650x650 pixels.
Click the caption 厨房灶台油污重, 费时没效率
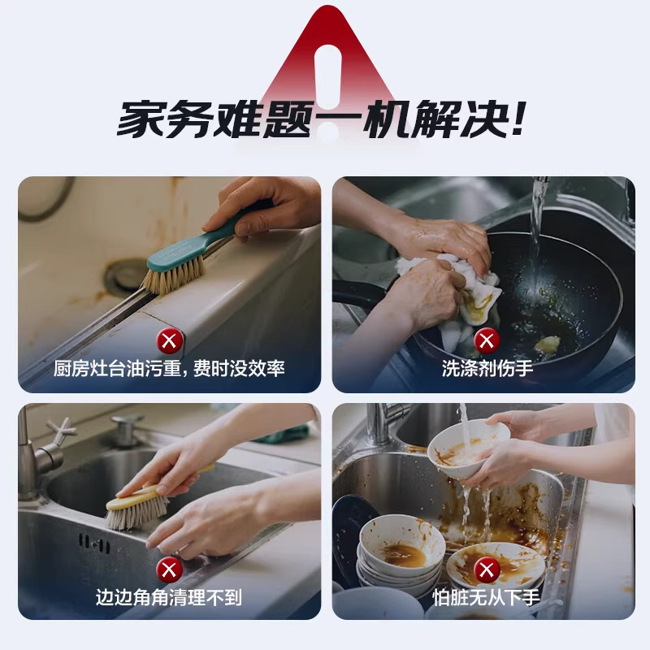click(x=169, y=368)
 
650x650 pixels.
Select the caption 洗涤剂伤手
click(x=487, y=368)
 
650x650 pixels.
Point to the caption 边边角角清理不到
click(x=169, y=598)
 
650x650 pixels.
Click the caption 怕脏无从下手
click(x=487, y=598)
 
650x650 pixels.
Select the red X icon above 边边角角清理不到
click(x=169, y=569)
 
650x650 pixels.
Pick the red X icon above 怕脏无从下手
click(x=487, y=569)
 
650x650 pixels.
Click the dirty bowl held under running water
click(x=467, y=443)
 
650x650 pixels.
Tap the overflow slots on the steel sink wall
click(x=94, y=543)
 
